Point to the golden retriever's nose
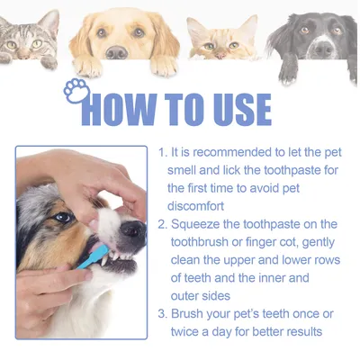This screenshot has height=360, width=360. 117,51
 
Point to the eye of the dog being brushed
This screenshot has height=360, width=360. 62,217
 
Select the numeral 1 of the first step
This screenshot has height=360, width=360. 161,153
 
